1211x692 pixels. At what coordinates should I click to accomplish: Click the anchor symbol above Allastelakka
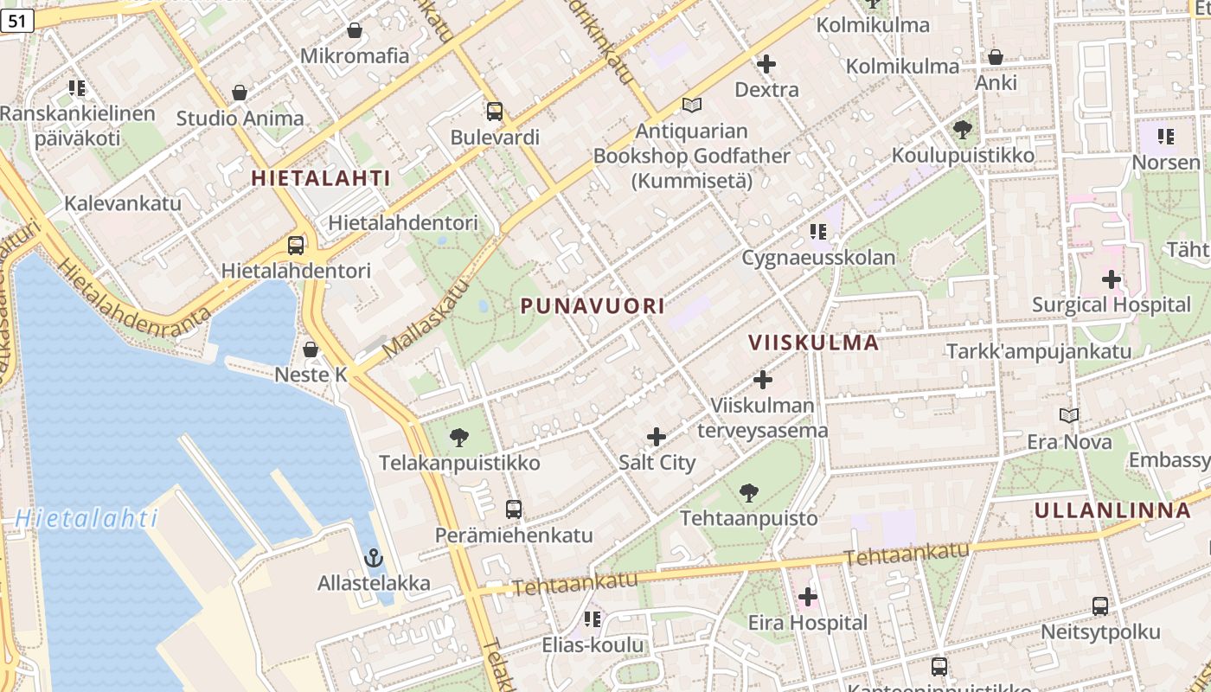point(374,558)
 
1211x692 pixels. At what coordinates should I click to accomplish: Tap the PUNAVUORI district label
point(593,306)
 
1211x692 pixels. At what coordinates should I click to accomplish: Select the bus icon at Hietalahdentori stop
point(296,246)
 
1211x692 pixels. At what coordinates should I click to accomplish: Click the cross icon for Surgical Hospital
point(1112,279)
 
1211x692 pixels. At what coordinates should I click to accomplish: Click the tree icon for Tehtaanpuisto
point(749,493)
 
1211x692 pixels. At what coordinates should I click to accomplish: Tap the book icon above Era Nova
point(1069,416)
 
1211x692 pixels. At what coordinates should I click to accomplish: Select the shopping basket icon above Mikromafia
point(355,31)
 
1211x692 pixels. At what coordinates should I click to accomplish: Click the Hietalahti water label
point(86,519)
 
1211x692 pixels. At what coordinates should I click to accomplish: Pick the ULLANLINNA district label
point(1112,510)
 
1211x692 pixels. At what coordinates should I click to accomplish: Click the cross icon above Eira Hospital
point(807,597)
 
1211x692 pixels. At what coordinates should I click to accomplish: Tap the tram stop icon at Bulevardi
point(495,112)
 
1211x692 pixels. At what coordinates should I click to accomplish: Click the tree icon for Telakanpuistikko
point(459,438)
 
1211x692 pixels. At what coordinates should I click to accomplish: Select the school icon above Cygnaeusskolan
point(818,232)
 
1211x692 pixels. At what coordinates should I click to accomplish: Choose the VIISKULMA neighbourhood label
point(813,343)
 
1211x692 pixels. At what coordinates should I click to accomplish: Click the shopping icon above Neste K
point(311,349)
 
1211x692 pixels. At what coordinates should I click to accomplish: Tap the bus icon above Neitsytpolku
point(1100,606)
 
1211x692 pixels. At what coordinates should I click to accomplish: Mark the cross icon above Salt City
point(657,437)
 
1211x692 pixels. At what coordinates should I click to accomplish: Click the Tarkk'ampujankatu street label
point(1038,351)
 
